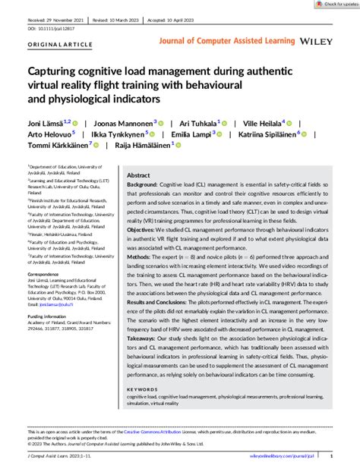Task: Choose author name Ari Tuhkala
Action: click(x=194, y=122)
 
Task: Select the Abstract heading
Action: click(x=139, y=175)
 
